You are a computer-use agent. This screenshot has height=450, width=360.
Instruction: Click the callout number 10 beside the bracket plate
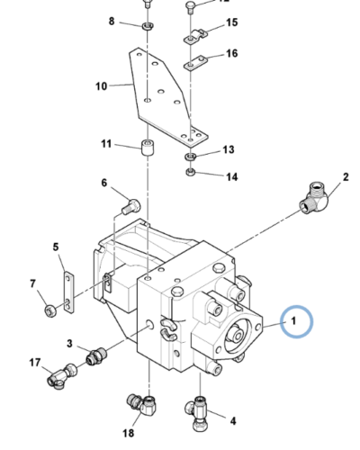pos(102,86)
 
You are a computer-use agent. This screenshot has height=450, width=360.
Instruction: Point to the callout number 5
pos(55,247)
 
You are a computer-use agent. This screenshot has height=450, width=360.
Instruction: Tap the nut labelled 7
pos(51,311)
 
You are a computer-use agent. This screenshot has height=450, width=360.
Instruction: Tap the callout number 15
pos(231,22)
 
